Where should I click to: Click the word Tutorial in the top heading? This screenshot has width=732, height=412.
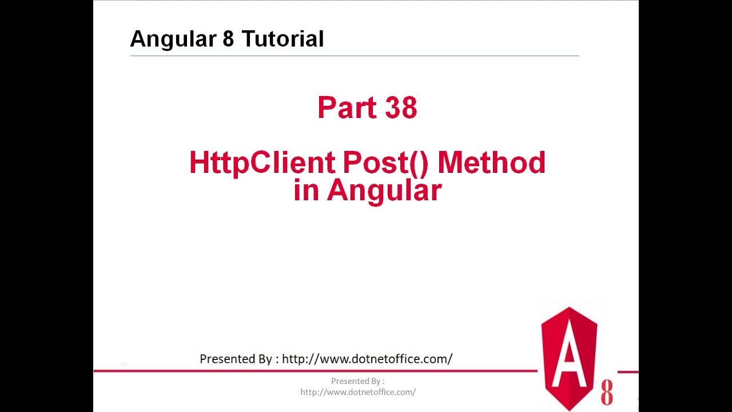[283, 39]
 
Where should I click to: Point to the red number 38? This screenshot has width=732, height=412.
[401, 108]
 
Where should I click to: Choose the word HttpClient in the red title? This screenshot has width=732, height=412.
[262, 163]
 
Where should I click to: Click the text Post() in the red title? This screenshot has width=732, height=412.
[385, 163]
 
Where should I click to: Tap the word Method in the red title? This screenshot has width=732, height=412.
[491, 163]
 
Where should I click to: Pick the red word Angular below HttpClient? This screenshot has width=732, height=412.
[384, 191]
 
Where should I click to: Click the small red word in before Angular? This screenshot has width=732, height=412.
[306, 191]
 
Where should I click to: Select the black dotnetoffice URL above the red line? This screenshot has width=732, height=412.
[367, 359]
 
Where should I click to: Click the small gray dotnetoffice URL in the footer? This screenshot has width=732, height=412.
[358, 392]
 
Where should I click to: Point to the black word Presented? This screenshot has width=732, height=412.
[228, 359]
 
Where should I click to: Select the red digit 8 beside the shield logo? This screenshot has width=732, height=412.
[607, 393]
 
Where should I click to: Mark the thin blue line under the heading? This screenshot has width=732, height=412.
[355, 56]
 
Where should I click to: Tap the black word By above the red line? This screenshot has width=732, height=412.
[265, 359]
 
